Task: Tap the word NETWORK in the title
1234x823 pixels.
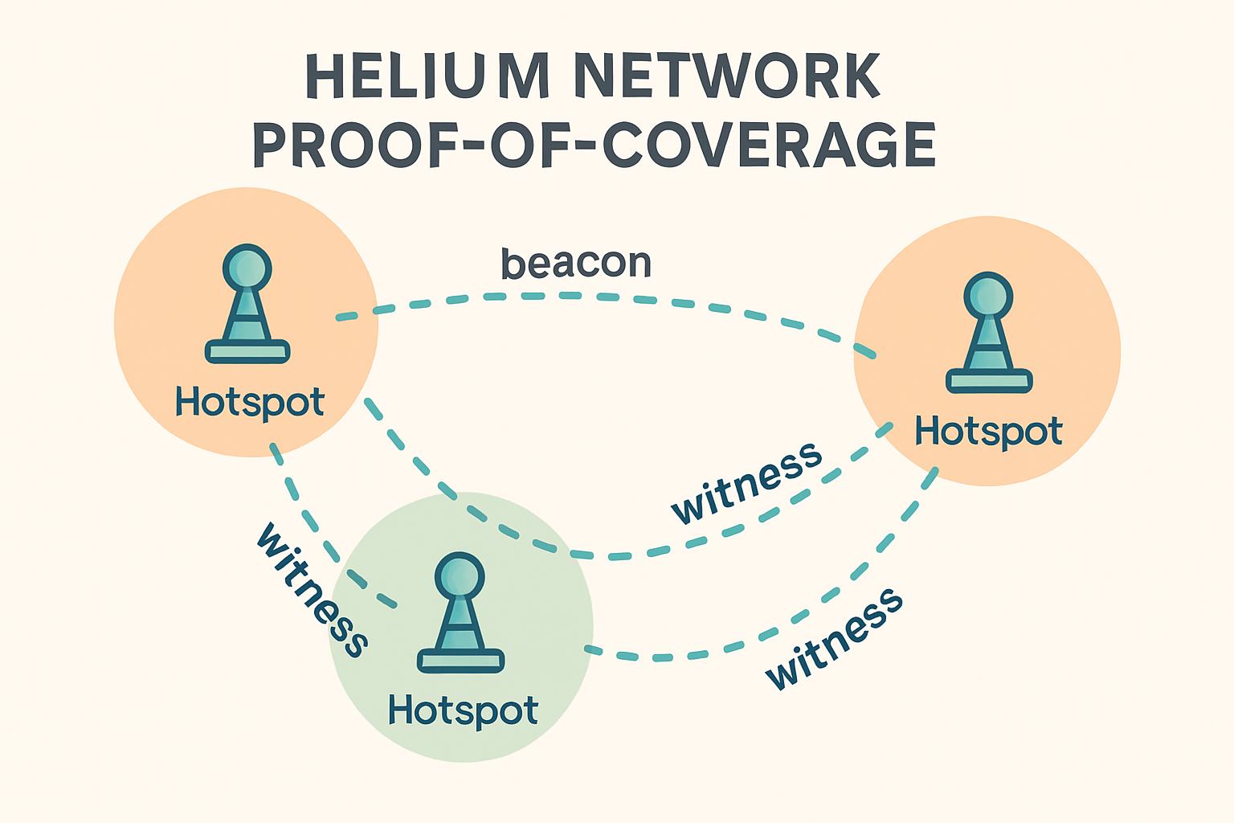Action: (728, 77)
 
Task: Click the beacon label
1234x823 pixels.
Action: (575, 264)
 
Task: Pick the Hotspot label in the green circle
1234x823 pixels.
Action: (463, 710)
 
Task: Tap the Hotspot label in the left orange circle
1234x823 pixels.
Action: (250, 402)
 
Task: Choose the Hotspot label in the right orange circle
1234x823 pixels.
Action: (989, 432)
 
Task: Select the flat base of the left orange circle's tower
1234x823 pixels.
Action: (247, 350)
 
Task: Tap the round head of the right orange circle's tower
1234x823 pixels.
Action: (988, 297)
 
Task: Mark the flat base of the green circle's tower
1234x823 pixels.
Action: (460, 661)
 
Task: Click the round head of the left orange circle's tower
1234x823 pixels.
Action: (247, 268)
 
